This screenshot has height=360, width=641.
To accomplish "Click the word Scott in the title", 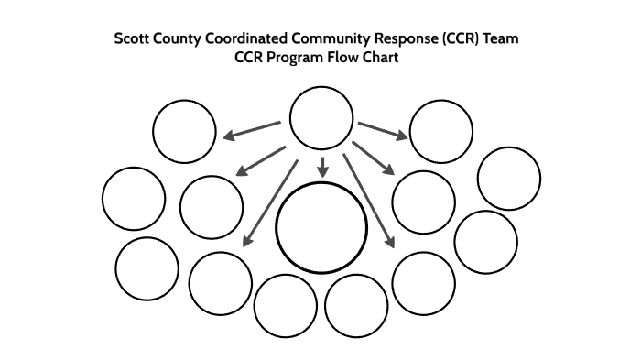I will [134, 39].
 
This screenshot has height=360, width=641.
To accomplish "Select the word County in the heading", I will [186, 39].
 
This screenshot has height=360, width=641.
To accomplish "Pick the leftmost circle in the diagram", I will [134, 199].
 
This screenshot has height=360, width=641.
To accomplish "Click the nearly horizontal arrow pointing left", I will [252, 131].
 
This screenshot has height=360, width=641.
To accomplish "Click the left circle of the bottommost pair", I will [285, 305].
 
